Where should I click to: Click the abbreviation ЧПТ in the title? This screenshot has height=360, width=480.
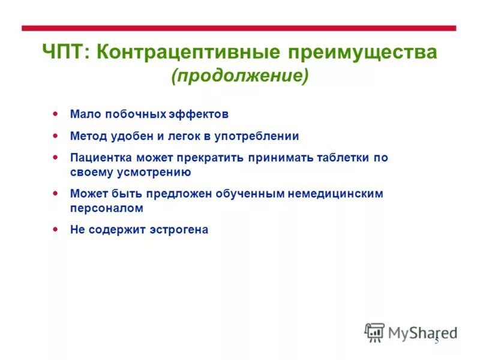pos(65,53)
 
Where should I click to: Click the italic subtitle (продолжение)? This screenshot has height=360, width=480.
pos(239,76)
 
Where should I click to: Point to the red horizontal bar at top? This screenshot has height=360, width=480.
pos(239,28)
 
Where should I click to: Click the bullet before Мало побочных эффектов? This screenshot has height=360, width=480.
pos(55,113)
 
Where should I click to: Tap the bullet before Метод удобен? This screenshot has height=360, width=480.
pos(55,136)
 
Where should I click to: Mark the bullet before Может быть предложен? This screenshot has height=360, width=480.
pos(55,193)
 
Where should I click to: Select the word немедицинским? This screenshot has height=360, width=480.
pos(338,194)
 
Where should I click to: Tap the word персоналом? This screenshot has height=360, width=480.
pos(106,208)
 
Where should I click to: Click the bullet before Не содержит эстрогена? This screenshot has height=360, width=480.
pos(55,229)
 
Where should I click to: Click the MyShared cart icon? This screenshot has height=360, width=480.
pos(374,332)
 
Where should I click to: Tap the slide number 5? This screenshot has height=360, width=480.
pos(437,341)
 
